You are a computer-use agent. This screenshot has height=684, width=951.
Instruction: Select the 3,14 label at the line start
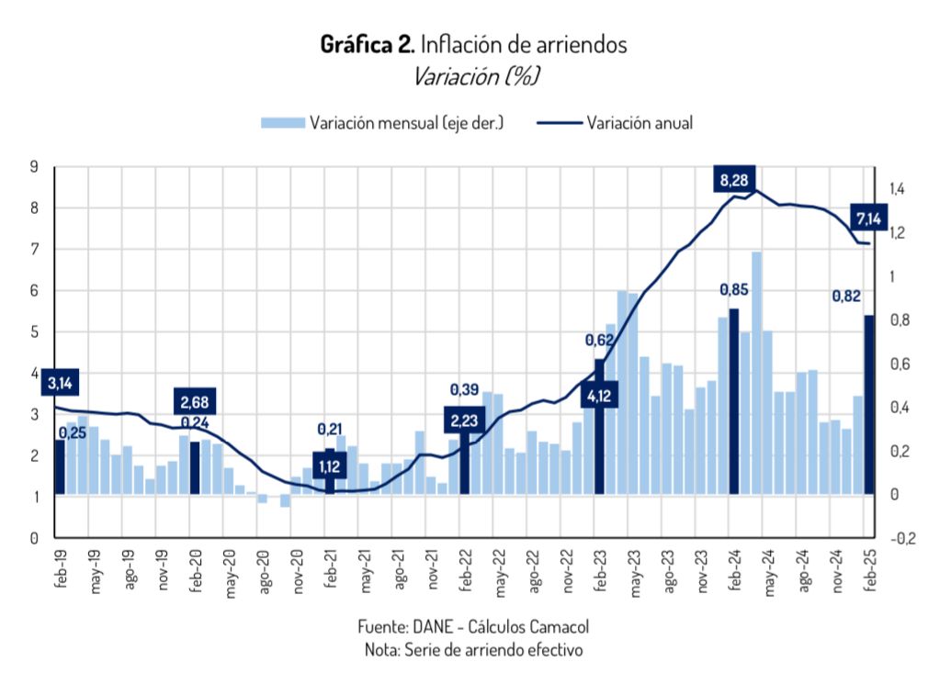tap(60, 383)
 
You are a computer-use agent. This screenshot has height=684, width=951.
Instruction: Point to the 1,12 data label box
tap(330, 466)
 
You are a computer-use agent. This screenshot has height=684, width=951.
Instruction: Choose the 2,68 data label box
tap(194, 402)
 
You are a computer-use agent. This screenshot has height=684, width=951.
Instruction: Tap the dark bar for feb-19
tap(60, 467)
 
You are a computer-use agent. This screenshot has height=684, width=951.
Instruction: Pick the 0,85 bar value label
tap(733, 290)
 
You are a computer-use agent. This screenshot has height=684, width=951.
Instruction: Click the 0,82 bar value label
tap(846, 296)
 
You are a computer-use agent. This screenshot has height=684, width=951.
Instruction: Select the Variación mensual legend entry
tap(381, 123)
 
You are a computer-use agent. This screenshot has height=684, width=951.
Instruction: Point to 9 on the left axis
tap(34, 167)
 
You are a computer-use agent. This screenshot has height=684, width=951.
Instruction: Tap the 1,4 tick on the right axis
tap(898, 189)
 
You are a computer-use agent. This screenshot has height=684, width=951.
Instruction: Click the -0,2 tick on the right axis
tap(901, 538)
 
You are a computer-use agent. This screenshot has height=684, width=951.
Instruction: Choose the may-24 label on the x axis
tap(768, 574)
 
